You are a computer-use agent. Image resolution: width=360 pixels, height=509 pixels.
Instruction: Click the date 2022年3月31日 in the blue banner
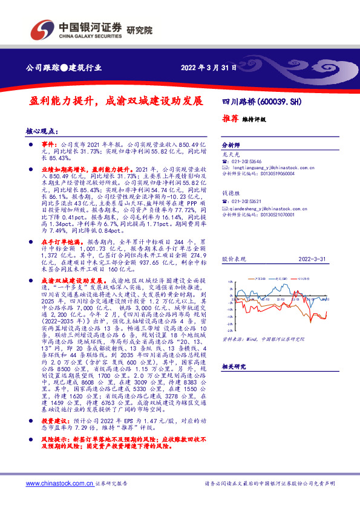[x=208, y=67]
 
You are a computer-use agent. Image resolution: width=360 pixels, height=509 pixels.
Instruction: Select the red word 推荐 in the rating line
[x=231, y=118]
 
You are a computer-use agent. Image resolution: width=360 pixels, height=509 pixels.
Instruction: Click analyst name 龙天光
[x=231, y=155]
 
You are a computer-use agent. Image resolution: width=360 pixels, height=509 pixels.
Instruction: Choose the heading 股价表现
[x=234, y=258]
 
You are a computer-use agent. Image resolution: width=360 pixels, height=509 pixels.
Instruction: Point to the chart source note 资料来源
[x=231, y=340]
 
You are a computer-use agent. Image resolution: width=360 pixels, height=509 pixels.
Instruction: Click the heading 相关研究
[x=234, y=367]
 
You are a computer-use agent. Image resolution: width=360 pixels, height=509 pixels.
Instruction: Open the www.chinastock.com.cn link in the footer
[x=59, y=484]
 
